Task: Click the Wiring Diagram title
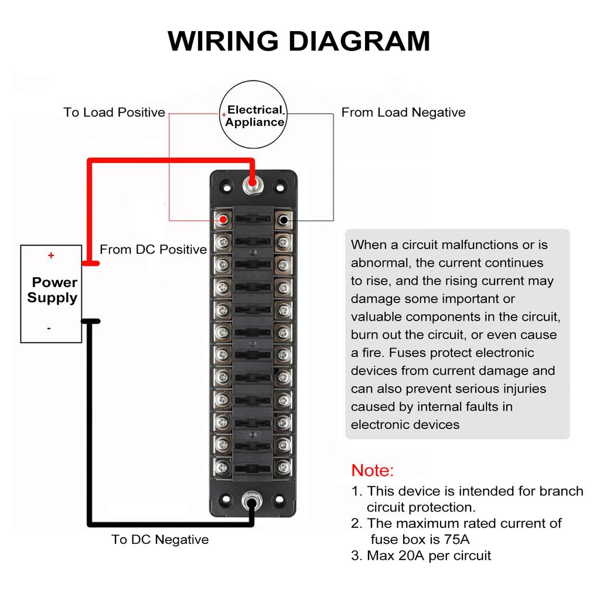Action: click(299, 41)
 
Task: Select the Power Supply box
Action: click(52, 293)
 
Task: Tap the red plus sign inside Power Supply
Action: click(51, 255)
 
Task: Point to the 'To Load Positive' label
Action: click(114, 112)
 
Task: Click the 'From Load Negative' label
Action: click(403, 112)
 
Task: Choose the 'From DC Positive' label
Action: click(153, 250)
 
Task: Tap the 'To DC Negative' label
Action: click(160, 540)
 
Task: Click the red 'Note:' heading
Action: click(373, 471)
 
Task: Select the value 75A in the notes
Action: click(457, 539)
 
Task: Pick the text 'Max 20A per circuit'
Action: click(429, 555)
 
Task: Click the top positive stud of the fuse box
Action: click(253, 186)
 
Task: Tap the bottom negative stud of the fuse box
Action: click(253, 500)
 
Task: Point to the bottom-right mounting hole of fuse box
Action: click(279, 500)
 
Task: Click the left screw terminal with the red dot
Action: click(222, 220)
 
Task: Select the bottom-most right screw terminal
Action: click(284, 467)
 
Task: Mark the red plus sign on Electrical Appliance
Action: click(224, 115)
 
